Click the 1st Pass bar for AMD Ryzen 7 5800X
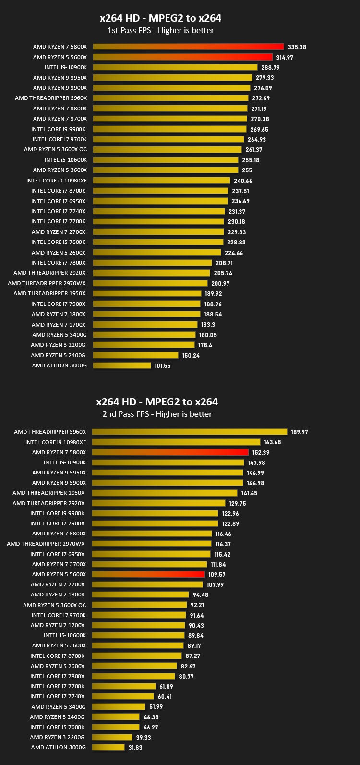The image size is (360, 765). (x=188, y=47)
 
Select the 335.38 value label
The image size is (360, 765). (x=297, y=47)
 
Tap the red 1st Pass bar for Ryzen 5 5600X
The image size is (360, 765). (x=182, y=57)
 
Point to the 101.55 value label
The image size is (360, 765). (x=162, y=366)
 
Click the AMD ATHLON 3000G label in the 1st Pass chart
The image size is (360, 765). (x=60, y=365)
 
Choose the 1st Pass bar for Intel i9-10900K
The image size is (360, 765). (x=175, y=67)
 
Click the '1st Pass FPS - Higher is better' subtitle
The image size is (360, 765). (x=161, y=30)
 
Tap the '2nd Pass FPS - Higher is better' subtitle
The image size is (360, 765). (x=157, y=414)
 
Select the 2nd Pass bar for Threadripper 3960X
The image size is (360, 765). (x=190, y=432)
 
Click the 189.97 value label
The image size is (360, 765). (x=299, y=432)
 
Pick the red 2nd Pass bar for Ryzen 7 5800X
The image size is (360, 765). (x=170, y=452)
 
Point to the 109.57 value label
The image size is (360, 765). (x=216, y=575)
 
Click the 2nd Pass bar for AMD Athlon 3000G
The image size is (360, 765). (x=108, y=748)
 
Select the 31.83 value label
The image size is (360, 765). (x=135, y=748)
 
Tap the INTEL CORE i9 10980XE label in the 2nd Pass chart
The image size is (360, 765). (x=56, y=442)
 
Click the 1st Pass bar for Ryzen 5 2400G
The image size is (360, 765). (x=135, y=355)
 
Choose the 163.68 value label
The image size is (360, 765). (x=272, y=442)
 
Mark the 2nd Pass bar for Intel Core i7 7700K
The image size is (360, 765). (x=124, y=686)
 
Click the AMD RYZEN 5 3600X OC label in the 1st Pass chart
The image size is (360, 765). (x=55, y=149)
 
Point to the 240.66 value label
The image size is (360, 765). (x=243, y=181)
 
